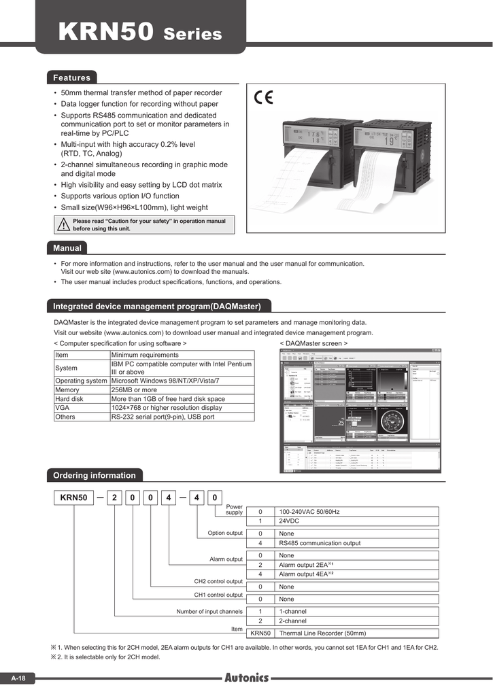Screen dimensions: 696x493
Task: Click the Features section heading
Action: click(x=72, y=77)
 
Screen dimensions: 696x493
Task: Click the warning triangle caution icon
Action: click(x=63, y=225)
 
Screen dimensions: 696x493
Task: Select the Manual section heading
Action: click(x=67, y=248)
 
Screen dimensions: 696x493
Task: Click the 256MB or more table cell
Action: click(x=134, y=390)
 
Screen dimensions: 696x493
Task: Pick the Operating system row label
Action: click(x=81, y=381)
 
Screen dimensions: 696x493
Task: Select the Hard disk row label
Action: click(x=69, y=399)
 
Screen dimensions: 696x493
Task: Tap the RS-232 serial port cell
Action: click(x=163, y=417)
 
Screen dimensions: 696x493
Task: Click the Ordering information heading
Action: click(x=95, y=475)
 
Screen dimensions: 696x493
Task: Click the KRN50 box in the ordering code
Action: click(x=73, y=498)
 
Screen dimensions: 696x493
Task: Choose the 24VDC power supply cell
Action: click(x=290, y=521)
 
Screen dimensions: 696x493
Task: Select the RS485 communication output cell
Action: click(x=320, y=543)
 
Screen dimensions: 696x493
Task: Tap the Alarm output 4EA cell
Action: click(x=306, y=574)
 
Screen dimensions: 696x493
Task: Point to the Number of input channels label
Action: click(x=209, y=612)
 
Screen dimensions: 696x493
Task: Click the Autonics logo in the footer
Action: click(x=246, y=678)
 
